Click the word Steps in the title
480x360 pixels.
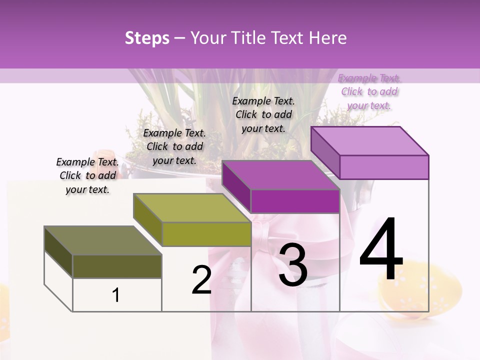pos(147,38)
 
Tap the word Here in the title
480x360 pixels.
pos(327,38)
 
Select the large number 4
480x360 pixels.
pos(381,249)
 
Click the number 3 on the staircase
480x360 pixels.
pos(293,265)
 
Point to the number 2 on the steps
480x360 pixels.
pos(201,280)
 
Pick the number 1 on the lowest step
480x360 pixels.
pos(116,295)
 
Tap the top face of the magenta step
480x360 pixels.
pos(280,175)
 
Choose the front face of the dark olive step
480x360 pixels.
pos(117,266)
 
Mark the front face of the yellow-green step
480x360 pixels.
pos(206,234)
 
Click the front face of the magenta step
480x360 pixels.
pos(295,201)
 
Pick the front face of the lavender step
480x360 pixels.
pos(384,167)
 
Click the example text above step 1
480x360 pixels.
pos(87,175)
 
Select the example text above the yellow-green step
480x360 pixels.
pos(174,146)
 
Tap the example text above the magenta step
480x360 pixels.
pos(263,114)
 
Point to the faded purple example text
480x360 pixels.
pos(369,91)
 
